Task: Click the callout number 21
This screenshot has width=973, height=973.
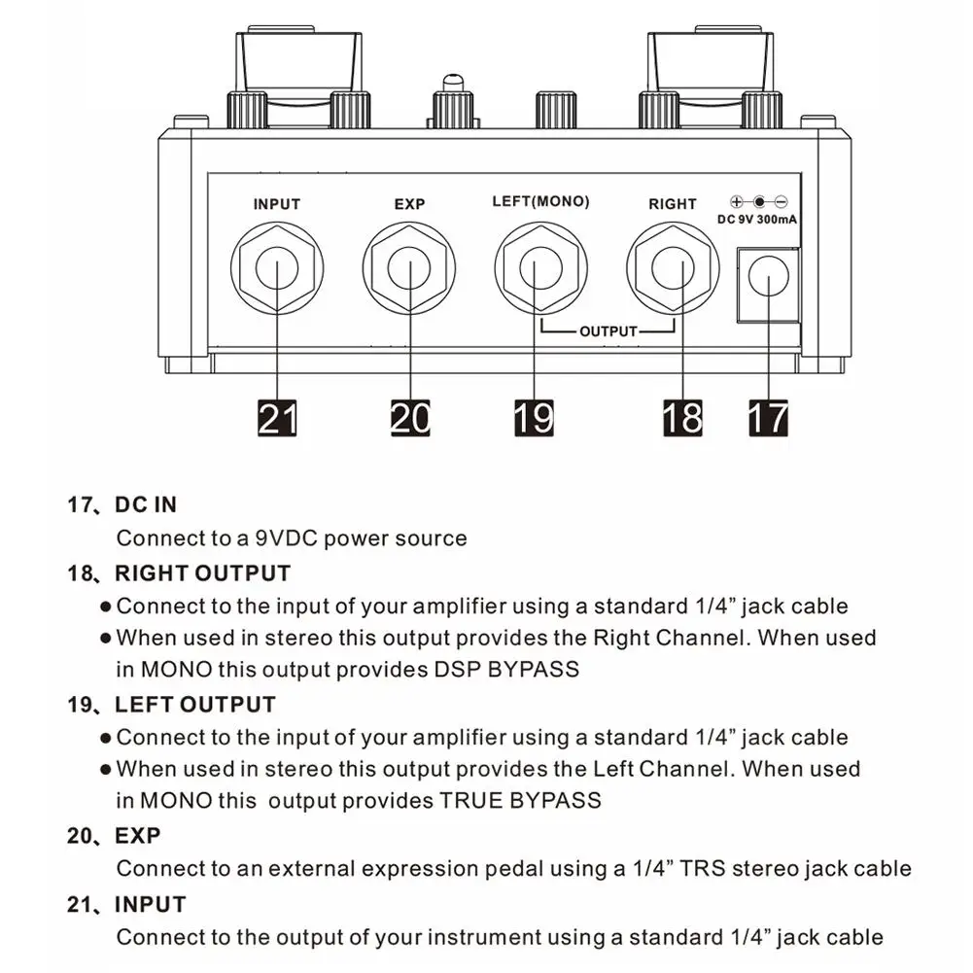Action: tap(277, 417)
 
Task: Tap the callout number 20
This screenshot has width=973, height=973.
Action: tap(409, 417)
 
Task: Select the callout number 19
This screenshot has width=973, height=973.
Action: tap(533, 417)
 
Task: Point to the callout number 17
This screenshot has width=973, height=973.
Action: tap(768, 417)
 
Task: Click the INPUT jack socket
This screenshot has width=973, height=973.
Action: tap(277, 267)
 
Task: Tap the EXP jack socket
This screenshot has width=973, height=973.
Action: tap(409, 267)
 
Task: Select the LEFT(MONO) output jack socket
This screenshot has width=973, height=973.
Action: tap(541, 267)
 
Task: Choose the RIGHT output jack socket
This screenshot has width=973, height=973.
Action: tap(673, 267)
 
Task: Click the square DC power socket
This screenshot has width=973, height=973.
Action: tap(768, 283)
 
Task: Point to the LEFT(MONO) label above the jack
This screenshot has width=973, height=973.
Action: tap(541, 202)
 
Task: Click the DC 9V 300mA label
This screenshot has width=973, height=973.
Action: tap(758, 220)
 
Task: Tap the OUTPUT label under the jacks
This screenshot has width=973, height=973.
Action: tap(608, 331)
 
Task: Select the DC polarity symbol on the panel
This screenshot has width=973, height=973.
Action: tap(758, 202)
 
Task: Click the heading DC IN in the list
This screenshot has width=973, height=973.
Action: tap(146, 504)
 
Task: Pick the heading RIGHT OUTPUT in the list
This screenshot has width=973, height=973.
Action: tap(202, 573)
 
